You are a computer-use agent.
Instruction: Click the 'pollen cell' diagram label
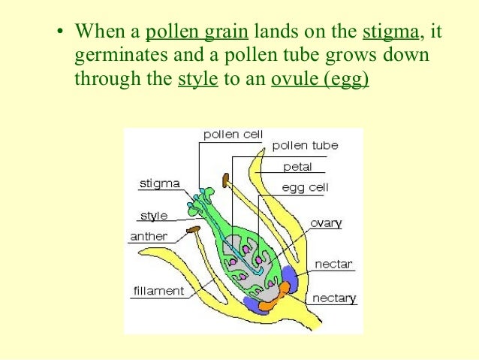233,134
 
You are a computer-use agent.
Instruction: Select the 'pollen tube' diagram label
305,145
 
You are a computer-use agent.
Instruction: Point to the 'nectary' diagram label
335,298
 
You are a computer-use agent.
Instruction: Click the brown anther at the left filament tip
194,228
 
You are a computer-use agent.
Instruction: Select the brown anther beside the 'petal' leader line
226,180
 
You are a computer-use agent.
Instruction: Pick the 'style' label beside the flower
155,216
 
